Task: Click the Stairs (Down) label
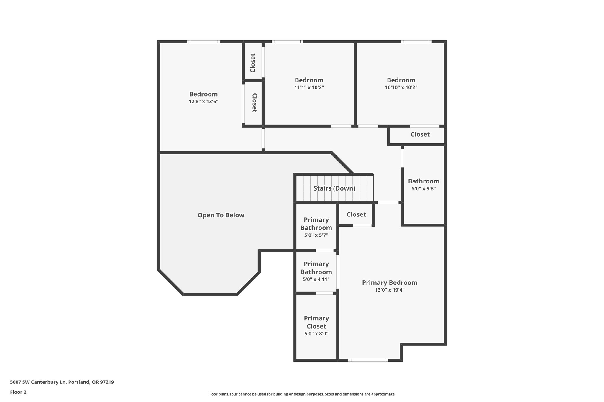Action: click(x=334, y=188)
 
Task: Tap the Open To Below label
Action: click(x=221, y=215)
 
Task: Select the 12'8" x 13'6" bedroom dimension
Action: click(x=203, y=102)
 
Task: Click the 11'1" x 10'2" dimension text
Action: click(x=309, y=87)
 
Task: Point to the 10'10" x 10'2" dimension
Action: click(x=401, y=87)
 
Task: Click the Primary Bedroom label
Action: click(x=390, y=283)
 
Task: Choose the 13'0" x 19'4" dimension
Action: click(x=390, y=290)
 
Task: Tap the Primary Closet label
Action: click(x=316, y=322)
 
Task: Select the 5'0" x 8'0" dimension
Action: click(x=316, y=334)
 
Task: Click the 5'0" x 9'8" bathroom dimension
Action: click(x=424, y=188)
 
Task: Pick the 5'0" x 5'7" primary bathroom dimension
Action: click(x=316, y=235)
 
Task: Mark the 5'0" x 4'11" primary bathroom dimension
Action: click(x=316, y=279)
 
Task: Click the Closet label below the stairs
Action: click(x=356, y=214)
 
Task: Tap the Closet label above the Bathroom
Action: click(x=420, y=134)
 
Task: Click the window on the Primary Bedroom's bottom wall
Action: click(x=368, y=360)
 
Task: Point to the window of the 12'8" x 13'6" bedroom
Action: click(x=203, y=42)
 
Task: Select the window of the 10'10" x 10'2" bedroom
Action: click(x=416, y=42)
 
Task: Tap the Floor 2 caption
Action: click(x=18, y=392)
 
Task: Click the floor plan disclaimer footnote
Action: click(x=302, y=394)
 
